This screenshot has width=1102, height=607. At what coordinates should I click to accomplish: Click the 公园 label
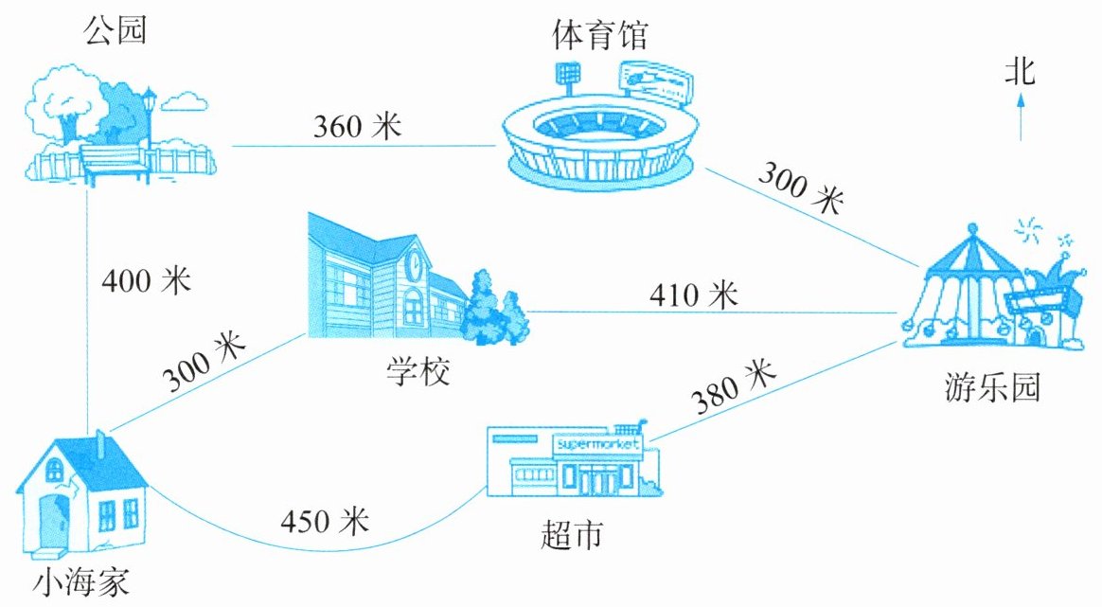pos(116,31)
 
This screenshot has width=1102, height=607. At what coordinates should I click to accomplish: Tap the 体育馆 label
pos(599,35)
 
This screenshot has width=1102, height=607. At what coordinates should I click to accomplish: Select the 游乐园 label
pos(991,387)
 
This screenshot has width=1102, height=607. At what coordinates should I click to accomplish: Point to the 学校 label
pos(418,370)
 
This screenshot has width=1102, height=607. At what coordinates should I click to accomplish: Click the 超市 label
pos(572,534)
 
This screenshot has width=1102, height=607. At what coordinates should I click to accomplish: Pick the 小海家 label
pos(81,583)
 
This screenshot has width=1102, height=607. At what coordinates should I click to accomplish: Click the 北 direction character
pos(1020,72)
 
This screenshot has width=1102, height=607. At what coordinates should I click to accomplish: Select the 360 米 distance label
pos(357,127)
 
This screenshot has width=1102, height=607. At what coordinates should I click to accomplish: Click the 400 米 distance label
pos(146,280)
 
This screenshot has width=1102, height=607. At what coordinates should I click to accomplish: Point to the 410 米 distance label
pos(694,295)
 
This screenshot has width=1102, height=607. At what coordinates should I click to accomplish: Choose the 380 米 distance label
pos(733,386)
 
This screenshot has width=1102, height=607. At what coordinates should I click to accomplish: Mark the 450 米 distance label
pos(325,521)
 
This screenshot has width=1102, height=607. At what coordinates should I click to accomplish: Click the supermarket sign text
pos(597,444)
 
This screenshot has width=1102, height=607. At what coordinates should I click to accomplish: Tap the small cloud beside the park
pos(185,101)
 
